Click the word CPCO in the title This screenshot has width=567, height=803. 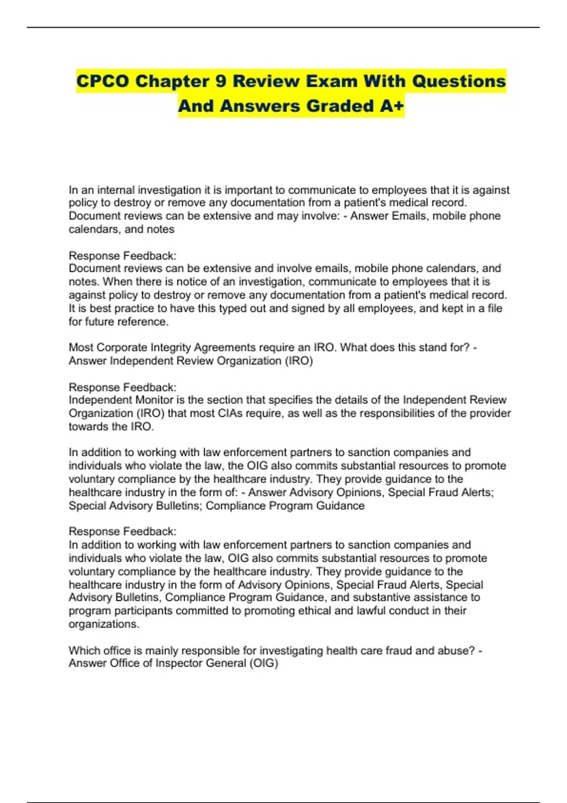pos(102,81)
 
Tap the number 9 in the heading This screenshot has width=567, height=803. pos(220,81)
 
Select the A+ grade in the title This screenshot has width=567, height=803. pos(392,106)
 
